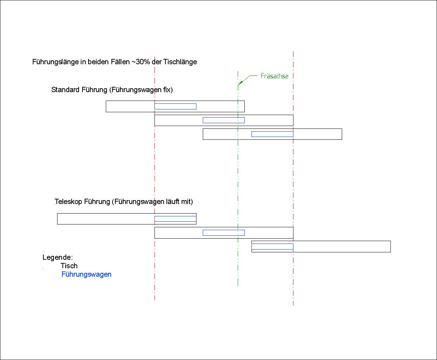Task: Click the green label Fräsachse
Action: [274, 76]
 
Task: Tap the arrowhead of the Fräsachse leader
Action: [240, 83]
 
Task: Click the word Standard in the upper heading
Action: [65, 90]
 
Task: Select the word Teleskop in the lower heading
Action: [68, 202]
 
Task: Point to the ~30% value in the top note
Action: [141, 62]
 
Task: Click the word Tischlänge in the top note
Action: [180, 62]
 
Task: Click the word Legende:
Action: [57, 257]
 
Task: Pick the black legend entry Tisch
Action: [69, 266]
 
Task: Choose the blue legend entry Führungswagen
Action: [86, 274]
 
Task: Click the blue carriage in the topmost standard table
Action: [175, 106]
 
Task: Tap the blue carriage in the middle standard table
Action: [224, 120]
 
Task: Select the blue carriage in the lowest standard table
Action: [272, 134]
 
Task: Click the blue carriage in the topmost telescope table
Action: [175, 219]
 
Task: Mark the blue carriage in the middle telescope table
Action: [224, 233]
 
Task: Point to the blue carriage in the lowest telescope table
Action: [272, 246]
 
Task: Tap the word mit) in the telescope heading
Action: [187, 202]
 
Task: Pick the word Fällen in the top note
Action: [121, 62]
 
